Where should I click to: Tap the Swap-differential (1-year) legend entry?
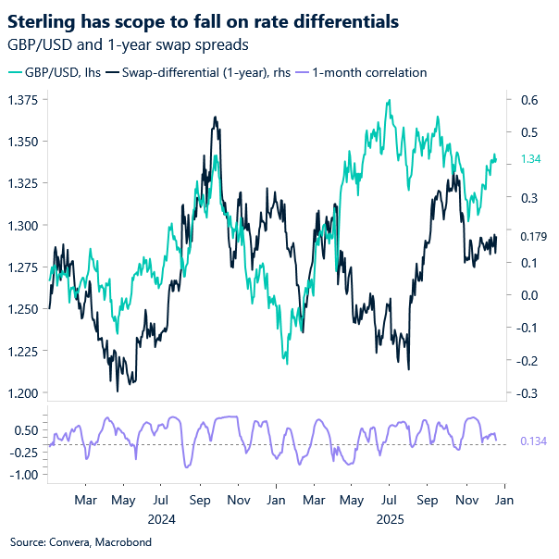(x=204, y=72)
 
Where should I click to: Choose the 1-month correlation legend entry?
(x=362, y=72)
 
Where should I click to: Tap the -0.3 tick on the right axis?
(x=528, y=393)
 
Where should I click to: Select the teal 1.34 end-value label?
(x=531, y=159)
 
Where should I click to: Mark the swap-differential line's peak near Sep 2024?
(x=215, y=118)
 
